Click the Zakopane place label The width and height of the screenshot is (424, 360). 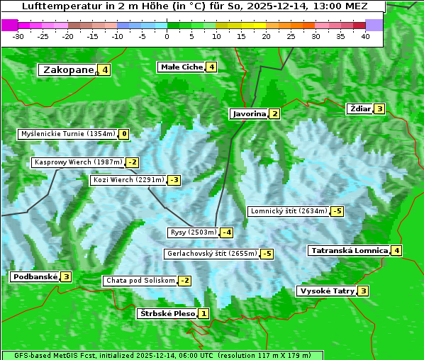pos(69,69)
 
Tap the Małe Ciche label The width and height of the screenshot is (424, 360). pos(182,67)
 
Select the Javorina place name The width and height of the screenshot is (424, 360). pos(249,113)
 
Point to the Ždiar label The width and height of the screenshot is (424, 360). pos(360,108)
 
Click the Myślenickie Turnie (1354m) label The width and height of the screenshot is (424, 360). pos(68,133)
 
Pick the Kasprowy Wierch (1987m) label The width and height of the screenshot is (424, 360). pos(78,162)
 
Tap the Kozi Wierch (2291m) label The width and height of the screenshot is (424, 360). pos(128,180)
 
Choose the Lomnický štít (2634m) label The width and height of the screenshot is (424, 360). pos(289,211)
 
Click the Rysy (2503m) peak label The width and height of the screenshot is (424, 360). pos(193,232)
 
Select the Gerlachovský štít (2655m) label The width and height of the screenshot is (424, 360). pos(211,254)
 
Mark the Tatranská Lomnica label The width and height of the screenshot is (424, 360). pos(348,250)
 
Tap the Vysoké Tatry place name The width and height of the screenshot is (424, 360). pos(327,291)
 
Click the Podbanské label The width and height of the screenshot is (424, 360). pos(35,276)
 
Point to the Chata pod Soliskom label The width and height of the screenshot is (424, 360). pos(139,281)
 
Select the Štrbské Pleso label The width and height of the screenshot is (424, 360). pos(167,313)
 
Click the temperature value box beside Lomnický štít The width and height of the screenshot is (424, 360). pos(337,211)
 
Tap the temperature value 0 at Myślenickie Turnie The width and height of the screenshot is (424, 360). pos(125,133)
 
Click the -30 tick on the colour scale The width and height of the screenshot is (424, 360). pos(18,36)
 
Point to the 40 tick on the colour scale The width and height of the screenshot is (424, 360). pos(365,36)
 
